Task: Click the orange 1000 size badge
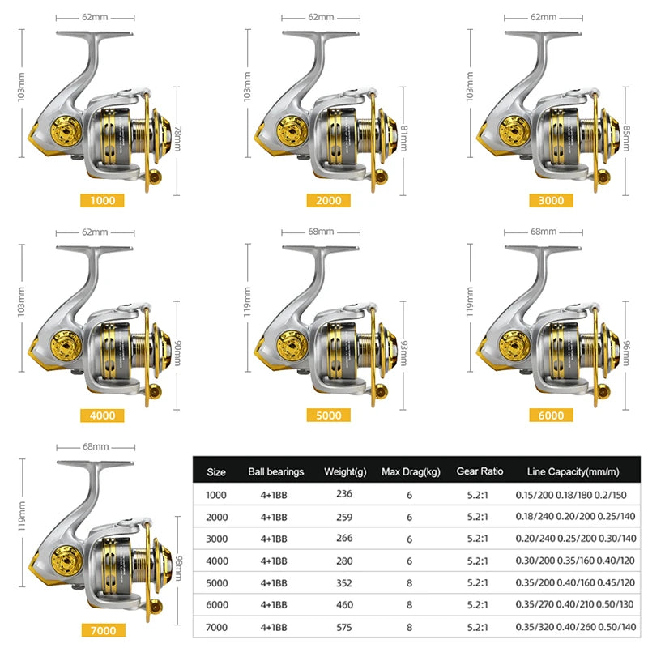point(102,200)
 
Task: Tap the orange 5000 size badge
point(328,416)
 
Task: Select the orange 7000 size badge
point(102,630)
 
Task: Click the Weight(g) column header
point(346,471)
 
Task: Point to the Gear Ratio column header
point(480,471)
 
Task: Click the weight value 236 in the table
point(346,494)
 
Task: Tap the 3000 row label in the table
point(217,539)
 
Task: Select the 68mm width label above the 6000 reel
point(543,232)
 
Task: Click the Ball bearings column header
point(275,471)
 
